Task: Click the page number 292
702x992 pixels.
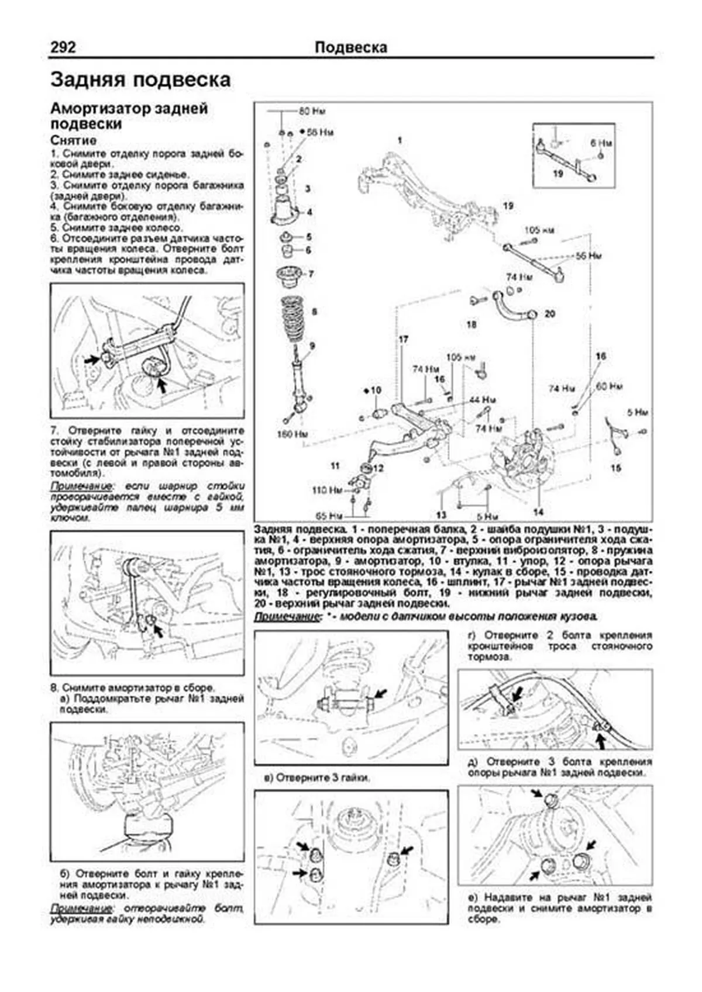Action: tap(63, 47)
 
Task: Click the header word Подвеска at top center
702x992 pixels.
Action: tap(350, 47)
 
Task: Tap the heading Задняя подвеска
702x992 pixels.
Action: tap(140, 80)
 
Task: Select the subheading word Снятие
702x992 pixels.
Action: tap(73, 141)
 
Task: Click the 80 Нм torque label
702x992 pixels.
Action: tap(312, 110)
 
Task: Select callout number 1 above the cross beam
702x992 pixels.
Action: tap(400, 140)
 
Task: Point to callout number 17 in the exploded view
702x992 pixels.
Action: tap(403, 339)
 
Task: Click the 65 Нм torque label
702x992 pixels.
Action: tap(329, 516)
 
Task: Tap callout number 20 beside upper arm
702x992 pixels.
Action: tap(549, 313)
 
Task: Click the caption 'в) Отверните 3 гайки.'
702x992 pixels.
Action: tap(316, 778)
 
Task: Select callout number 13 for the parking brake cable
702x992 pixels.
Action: tap(441, 514)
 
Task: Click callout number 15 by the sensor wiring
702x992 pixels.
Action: tap(615, 468)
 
